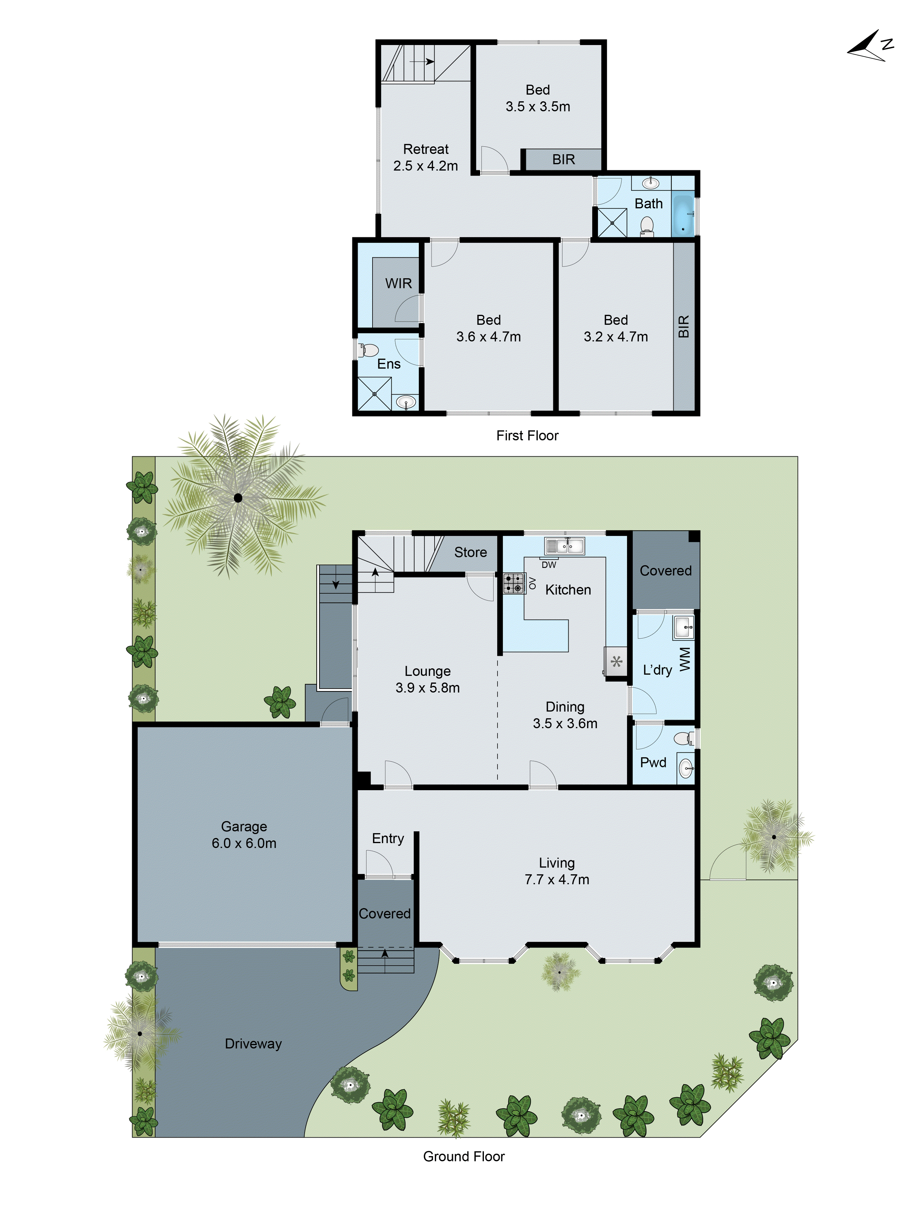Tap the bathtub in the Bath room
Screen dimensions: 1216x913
683,216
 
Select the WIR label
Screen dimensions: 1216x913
398,283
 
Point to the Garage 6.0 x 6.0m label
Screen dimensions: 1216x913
244,835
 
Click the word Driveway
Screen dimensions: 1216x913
253,1043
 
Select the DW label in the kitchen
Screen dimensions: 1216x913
548,565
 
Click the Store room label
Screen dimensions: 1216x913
470,552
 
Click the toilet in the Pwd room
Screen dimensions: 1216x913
684,738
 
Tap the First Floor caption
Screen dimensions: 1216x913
527,435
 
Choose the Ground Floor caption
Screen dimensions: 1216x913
463,1156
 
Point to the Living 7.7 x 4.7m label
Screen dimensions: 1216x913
557,871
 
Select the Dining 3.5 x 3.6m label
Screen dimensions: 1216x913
565,715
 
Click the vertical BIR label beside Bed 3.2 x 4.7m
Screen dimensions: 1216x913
684,327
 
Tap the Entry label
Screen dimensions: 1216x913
388,838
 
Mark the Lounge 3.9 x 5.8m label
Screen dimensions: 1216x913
427,679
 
